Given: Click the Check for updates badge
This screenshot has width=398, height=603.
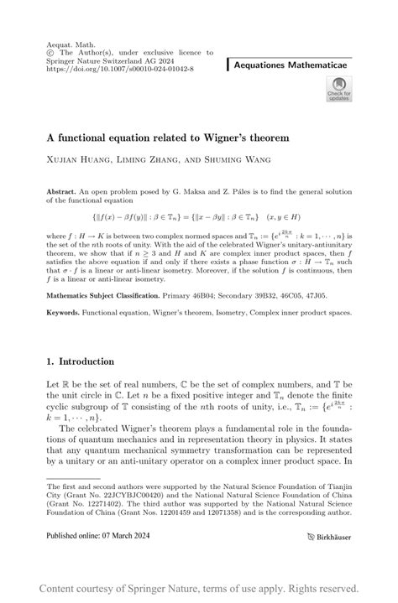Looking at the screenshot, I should [x=340, y=90].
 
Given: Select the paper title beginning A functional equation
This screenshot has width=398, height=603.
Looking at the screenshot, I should [x=168, y=137].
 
